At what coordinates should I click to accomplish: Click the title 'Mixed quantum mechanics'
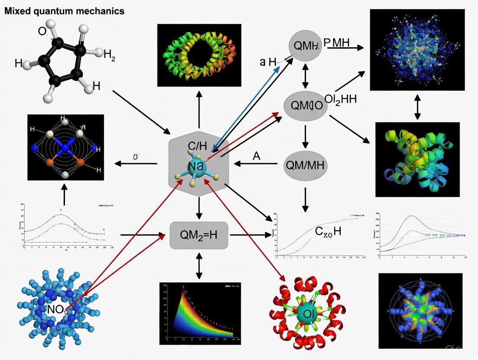[64, 11]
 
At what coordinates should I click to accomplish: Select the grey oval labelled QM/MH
[305, 165]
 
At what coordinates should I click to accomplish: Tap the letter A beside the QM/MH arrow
[256, 156]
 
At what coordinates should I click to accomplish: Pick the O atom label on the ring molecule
[42, 31]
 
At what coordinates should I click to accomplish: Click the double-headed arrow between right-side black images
[417, 106]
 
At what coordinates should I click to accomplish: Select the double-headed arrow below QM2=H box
[199, 266]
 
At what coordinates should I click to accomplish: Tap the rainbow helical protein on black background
[417, 159]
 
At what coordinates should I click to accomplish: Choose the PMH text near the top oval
[336, 42]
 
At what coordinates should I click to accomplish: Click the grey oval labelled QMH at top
[305, 45]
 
